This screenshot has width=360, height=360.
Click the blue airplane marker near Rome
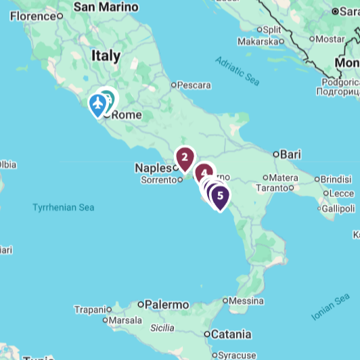click(99, 105)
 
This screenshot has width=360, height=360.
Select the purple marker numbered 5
click(219, 196)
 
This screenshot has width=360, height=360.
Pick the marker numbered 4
click(204, 173)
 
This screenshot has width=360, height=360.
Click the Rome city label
click(127, 115)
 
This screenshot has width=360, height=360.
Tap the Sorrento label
click(158, 180)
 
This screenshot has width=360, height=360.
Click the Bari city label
click(290, 154)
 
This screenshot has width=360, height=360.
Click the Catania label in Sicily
click(231, 334)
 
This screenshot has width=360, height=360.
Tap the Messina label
click(246, 300)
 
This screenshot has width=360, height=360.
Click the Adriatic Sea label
click(237, 70)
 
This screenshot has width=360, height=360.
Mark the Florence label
click(32, 16)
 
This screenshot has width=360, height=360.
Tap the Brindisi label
click(336, 179)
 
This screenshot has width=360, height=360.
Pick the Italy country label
click(106, 56)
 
